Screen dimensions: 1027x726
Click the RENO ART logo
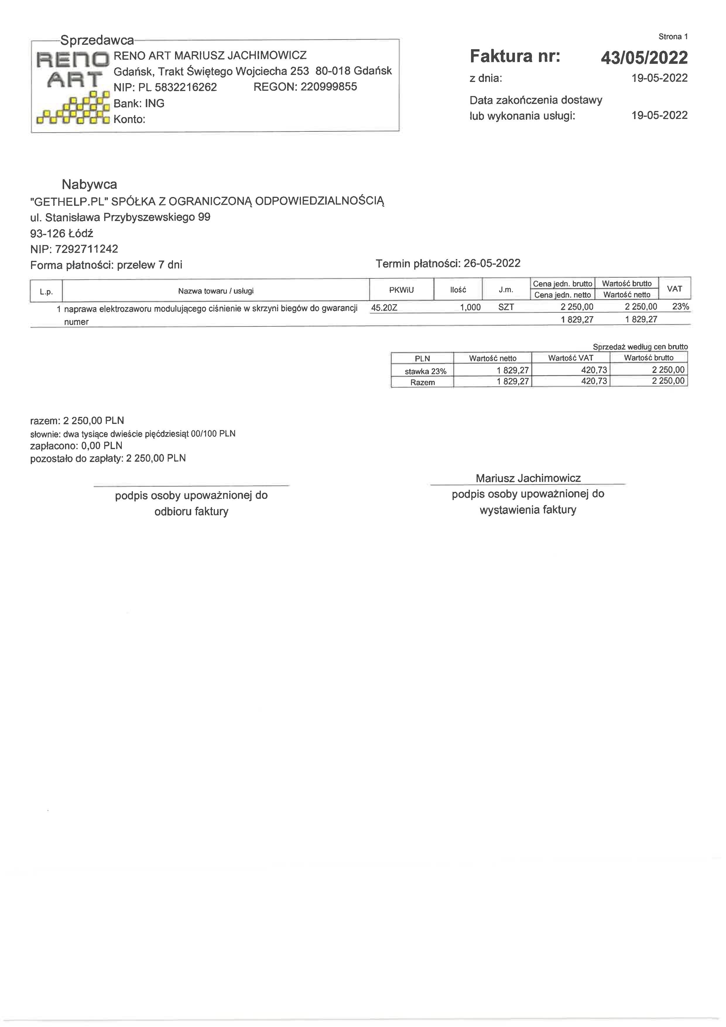73,88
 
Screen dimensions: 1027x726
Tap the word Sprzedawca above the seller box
97,41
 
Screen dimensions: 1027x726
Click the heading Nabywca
90,184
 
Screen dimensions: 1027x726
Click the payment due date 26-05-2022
492,263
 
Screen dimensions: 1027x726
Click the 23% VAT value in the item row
680,307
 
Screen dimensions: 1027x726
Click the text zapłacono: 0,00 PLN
76,446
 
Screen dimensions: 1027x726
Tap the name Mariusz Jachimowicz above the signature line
528,478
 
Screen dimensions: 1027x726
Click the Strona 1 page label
673,37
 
